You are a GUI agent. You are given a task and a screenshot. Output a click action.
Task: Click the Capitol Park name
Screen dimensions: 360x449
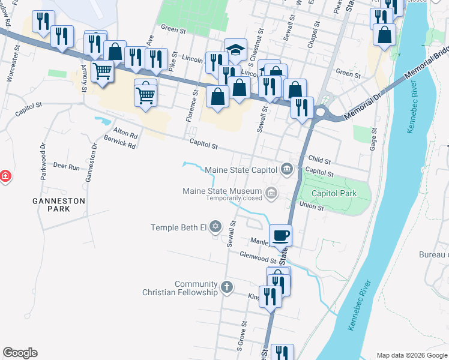pos(334,193)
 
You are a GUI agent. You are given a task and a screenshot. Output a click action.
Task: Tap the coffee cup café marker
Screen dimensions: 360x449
pos(280,235)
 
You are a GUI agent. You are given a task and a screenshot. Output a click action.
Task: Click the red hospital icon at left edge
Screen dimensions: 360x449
pos(5,176)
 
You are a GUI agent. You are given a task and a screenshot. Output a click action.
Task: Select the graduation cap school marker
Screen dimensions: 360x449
pos(236,50)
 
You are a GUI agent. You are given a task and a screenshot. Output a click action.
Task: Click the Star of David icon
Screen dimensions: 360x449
pos(215,227)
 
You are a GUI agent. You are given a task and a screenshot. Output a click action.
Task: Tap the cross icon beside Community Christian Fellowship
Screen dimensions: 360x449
pos(227,287)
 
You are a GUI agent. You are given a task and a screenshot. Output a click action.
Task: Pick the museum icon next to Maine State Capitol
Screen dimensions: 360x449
pos(287,168)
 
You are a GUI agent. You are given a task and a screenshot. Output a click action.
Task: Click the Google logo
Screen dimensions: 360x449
pos(20,353)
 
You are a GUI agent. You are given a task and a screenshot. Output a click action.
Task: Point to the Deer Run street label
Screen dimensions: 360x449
pos(66,166)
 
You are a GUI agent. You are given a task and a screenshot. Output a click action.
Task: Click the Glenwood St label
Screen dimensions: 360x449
pos(258,256)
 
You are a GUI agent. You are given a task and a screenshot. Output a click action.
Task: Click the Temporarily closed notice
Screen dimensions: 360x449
pos(234,198)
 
